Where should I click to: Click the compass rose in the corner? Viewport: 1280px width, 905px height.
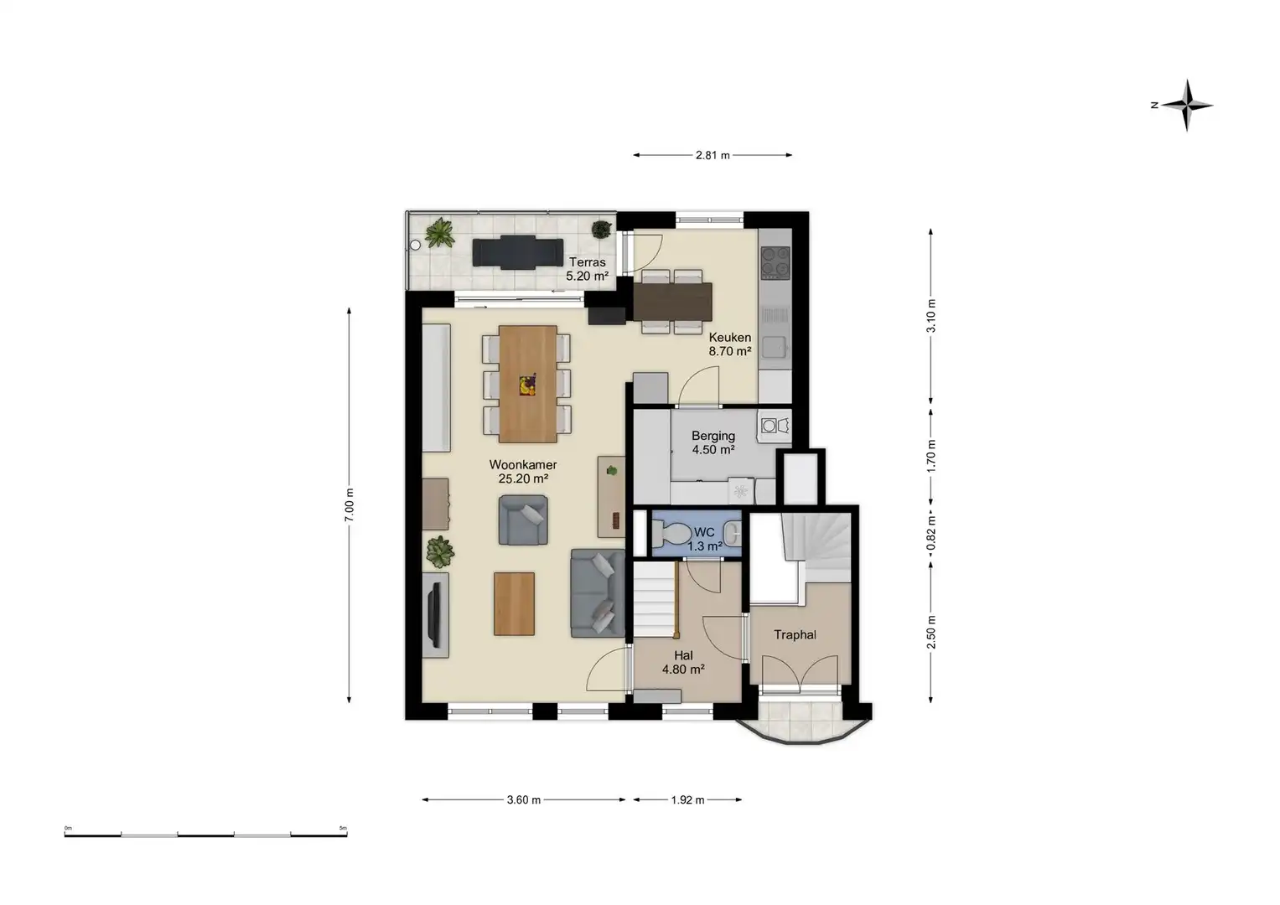[1186, 106]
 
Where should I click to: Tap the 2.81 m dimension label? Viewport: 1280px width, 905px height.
[712, 155]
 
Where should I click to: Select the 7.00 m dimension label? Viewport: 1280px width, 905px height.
[350, 504]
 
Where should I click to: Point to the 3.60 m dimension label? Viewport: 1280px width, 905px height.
[523, 799]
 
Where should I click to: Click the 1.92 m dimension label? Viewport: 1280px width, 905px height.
[687, 799]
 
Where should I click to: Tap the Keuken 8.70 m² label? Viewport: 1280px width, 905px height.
[730, 344]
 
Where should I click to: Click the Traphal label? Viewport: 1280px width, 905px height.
[795, 634]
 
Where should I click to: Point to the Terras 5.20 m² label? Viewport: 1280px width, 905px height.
[587, 269]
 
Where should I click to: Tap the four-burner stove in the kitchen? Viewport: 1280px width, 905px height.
[775, 261]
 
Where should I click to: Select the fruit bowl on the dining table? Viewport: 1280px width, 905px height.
[527, 385]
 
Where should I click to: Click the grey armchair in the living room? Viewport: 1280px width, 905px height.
[523, 520]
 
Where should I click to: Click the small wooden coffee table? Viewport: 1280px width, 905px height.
[514, 603]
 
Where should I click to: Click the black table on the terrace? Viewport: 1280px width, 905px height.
[516, 251]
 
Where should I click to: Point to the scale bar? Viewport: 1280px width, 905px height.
[205, 834]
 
